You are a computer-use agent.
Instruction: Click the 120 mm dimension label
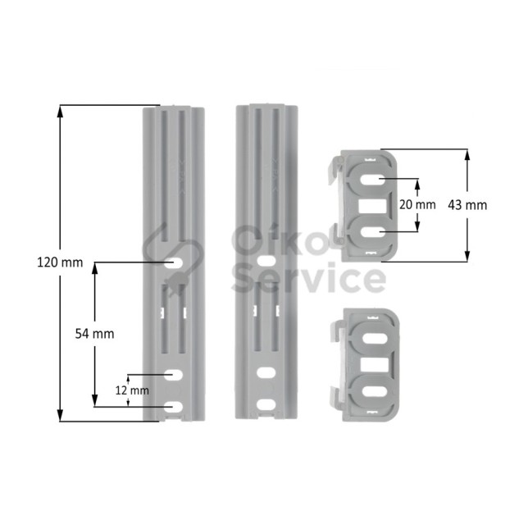[x=60, y=262]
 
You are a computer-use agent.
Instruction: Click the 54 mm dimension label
[x=94, y=334]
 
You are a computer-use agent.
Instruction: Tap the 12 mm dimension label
[x=132, y=390]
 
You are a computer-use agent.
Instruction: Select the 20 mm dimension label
[x=417, y=204]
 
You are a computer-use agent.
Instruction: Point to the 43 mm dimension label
[x=467, y=205]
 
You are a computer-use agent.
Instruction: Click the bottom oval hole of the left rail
[x=174, y=407]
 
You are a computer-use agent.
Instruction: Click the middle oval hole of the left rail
[x=174, y=375]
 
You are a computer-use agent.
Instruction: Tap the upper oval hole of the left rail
[x=174, y=262]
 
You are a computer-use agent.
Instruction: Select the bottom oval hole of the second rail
[x=266, y=404]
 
